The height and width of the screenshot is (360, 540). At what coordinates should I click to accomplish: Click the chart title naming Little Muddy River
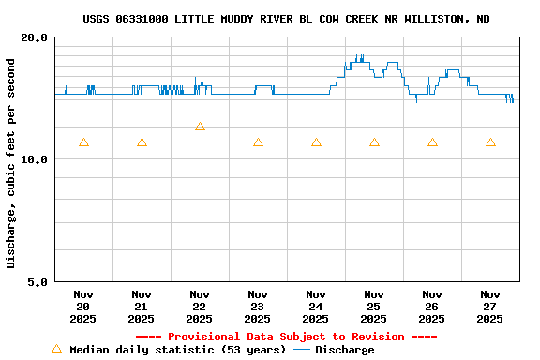pyautogui.click(x=286, y=19)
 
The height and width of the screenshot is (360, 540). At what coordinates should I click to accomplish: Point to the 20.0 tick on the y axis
pyautogui.click(x=35, y=37)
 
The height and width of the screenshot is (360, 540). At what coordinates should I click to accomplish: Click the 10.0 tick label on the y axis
pyautogui.click(x=35, y=159)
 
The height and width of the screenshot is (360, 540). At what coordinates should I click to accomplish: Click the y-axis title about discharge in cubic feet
pyautogui.click(x=11, y=163)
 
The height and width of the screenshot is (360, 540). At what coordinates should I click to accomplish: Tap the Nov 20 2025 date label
pyautogui.click(x=83, y=307)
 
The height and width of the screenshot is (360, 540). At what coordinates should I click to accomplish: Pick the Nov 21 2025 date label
pyautogui.click(x=142, y=307)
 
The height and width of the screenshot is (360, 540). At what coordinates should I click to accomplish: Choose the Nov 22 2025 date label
pyautogui.click(x=200, y=307)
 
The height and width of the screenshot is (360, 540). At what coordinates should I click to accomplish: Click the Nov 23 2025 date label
pyautogui.click(x=258, y=307)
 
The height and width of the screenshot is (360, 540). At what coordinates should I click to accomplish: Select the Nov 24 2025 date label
pyautogui.click(x=316, y=307)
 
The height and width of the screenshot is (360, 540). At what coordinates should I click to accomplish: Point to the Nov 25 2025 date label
pyautogui.click(x=374, y=307)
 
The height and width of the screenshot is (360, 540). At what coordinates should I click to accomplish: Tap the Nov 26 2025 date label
pyautogui.click(x=432, y=307)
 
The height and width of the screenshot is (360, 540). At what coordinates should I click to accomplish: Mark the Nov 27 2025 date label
pyautogui.click(x=490, y=307)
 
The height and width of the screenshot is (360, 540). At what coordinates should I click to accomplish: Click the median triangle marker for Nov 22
pyautogui.click(x=200, y=127)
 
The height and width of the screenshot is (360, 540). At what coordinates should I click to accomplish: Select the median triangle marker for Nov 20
pyautogui.click(x=83, y=142)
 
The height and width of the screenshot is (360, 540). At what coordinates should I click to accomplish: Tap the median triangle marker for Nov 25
pyautogui.click(x=374, y=142)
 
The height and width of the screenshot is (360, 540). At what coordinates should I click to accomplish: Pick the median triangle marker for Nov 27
pyautogui.click(x=490, y=142)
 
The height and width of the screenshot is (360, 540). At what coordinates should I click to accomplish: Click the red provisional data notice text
pyautogui.click(x=286, y=337)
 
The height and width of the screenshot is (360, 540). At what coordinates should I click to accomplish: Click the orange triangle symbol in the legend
pyautogui.click(x=56, y=349)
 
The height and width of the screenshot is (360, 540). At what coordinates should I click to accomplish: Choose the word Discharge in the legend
pyautogui.click(x=344, y=350)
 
